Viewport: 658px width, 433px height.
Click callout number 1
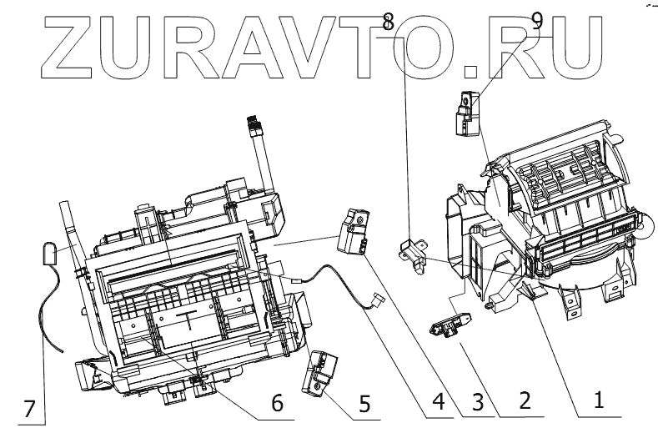pos(597,400)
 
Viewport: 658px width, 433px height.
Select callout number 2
pos(523,400)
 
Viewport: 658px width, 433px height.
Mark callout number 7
pos(29,409)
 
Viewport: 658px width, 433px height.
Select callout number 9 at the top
pos(537,19)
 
